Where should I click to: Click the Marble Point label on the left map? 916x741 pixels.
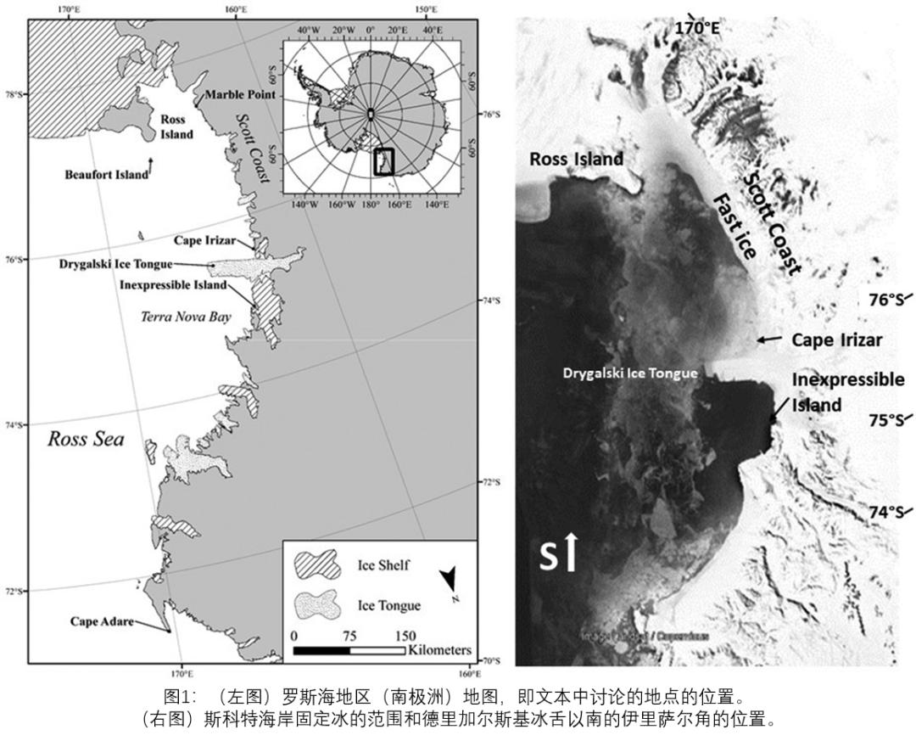tap(240, 94)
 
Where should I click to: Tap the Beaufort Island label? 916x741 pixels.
tap(105, 175)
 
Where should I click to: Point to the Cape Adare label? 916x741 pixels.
tap(101, 621)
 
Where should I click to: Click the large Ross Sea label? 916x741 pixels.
tap(86, 439)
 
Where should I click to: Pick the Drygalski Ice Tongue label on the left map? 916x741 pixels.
tap(115, 264)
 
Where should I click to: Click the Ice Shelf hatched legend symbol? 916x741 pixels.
tap(316, 565)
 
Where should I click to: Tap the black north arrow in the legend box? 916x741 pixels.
tap(450, 580)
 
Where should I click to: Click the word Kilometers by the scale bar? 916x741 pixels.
tap(438, 650)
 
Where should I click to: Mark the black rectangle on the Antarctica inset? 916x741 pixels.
tap(384, 161)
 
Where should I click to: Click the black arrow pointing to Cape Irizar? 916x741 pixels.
tap(770, 340)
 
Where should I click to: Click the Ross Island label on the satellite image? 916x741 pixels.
tap(576, 159)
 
